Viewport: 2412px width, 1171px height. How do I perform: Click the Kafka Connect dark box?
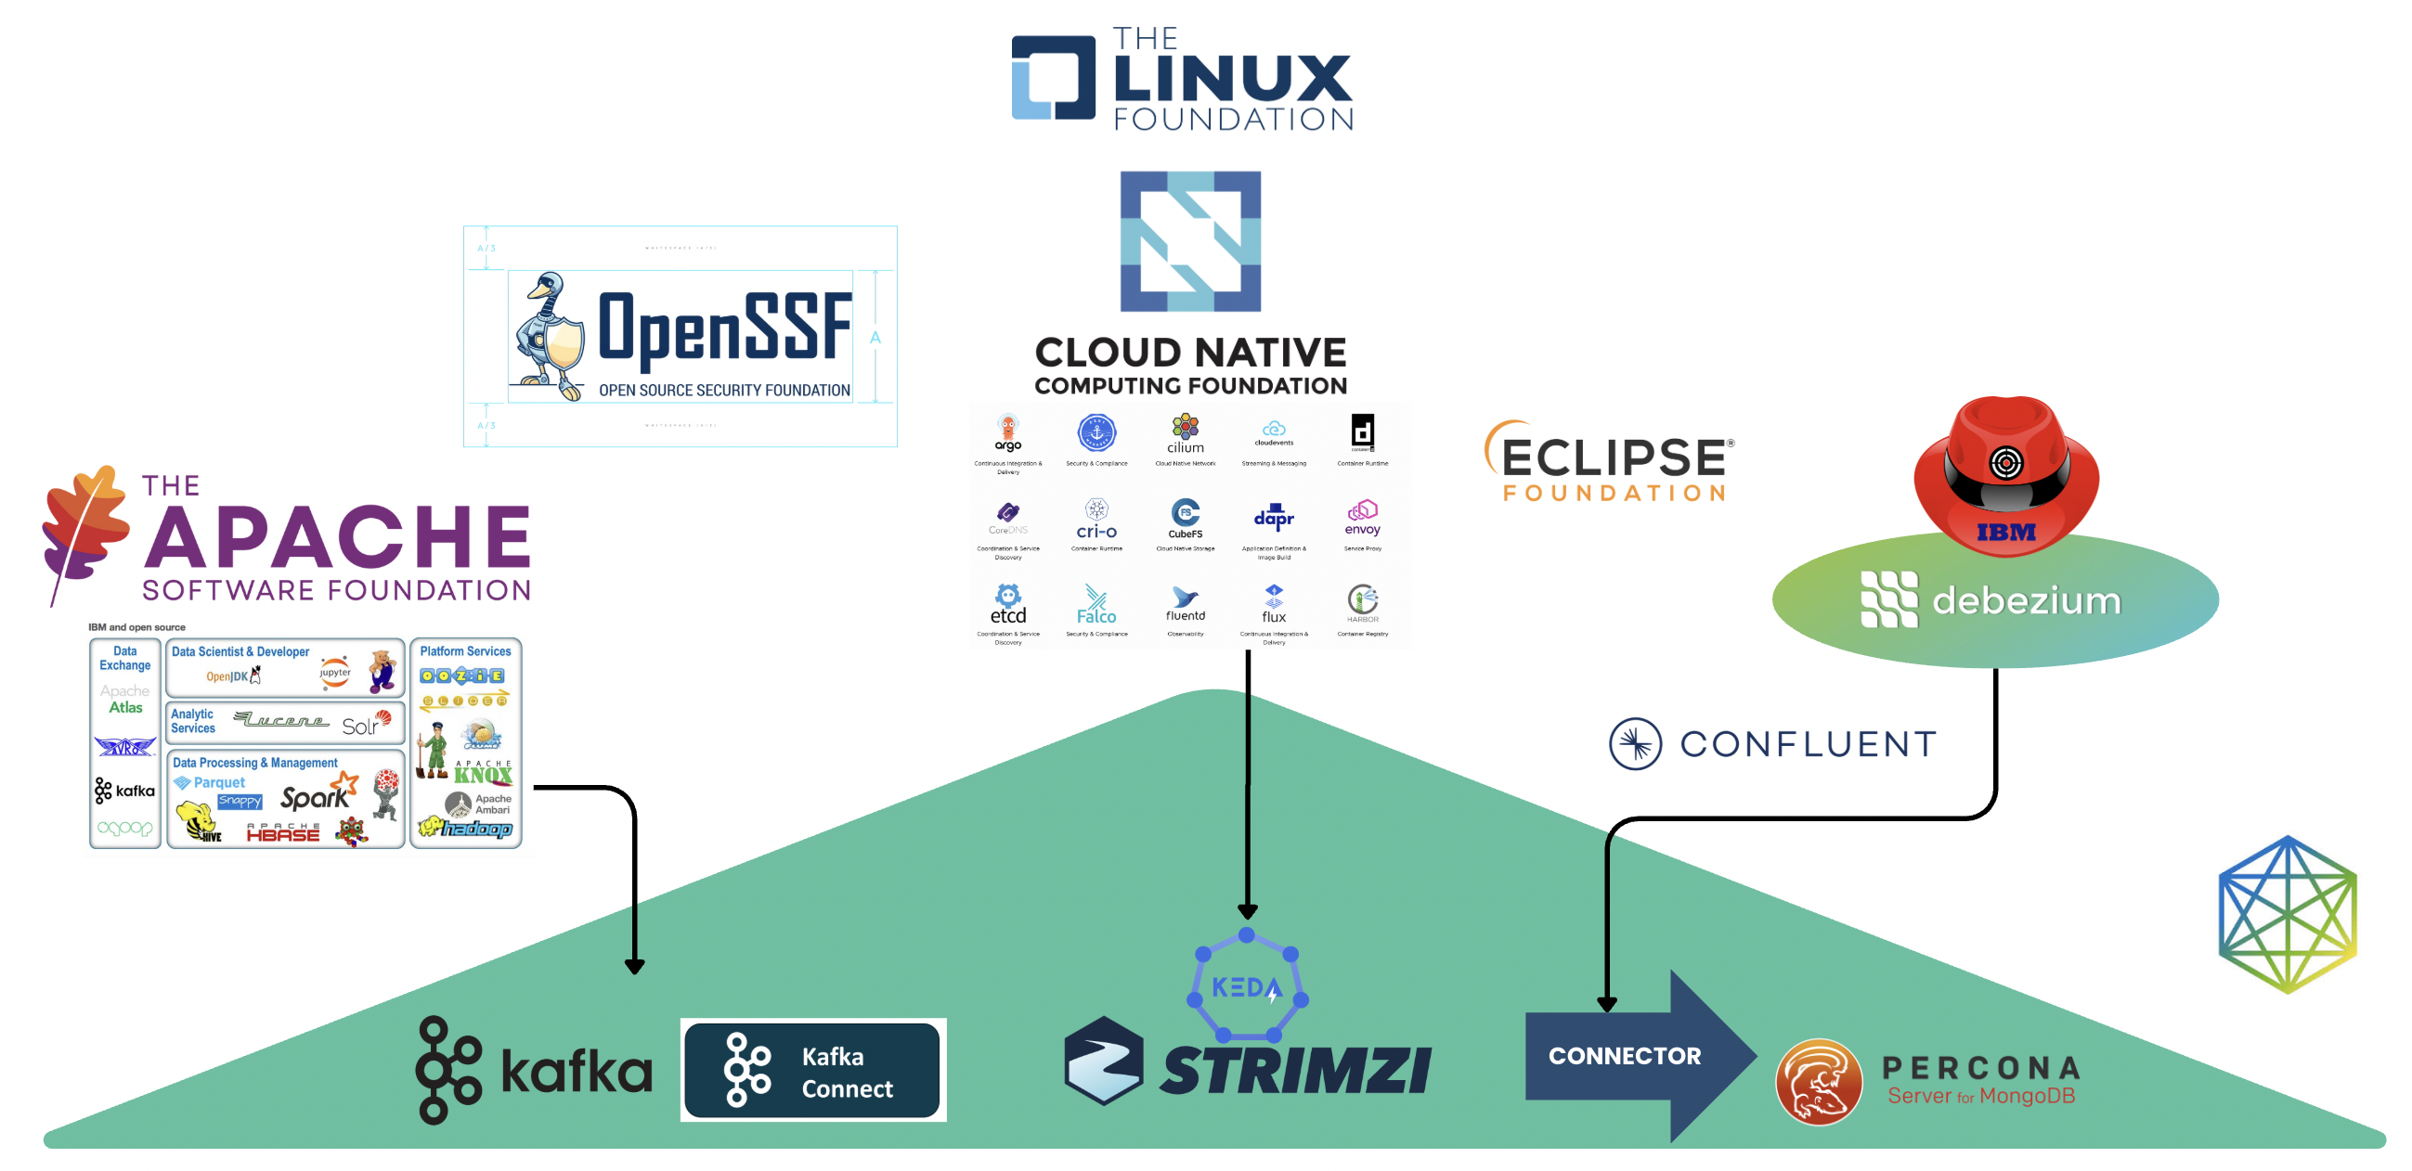[x=811, y=1070]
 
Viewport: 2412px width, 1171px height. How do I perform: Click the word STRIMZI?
[x=1296, y=1070]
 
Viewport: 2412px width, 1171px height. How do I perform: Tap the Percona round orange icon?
[x=1818, y=1081]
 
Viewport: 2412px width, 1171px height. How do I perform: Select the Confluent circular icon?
[x=1634, y=744]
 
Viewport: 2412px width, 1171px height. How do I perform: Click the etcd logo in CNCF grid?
[x=1007, y=605]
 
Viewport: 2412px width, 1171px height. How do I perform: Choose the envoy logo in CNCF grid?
[x=1362, y=518]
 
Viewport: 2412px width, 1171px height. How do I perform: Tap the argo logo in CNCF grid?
[x=1007, y=432]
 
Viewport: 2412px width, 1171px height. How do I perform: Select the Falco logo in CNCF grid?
[x=1096, y=605]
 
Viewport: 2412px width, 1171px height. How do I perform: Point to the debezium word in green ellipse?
[x=2026, y=601]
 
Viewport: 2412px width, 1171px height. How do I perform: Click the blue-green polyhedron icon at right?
[x=2287, y=915]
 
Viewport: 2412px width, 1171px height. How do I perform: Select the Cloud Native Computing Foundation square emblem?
[x=1190, y=240]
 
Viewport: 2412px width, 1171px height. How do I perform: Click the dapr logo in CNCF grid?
[x=1274, y=518]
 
